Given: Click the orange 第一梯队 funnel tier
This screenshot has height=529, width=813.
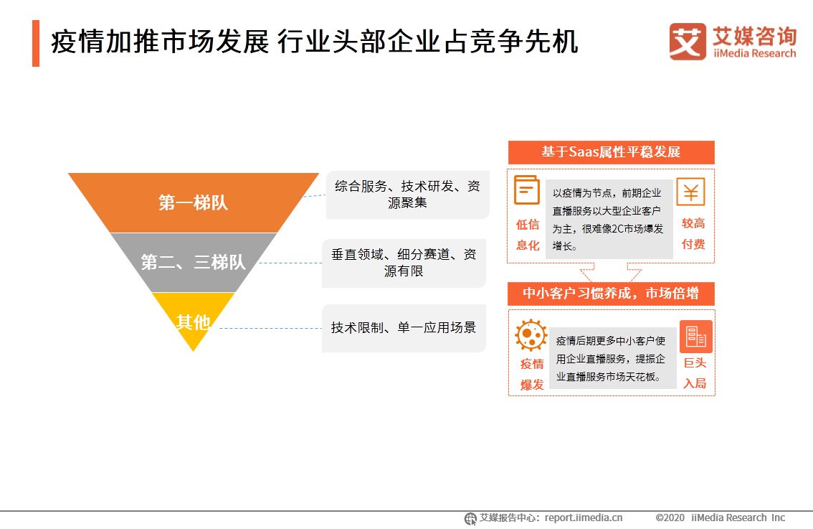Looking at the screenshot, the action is pos(194,202).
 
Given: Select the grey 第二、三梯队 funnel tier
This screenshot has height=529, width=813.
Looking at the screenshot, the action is pos(194,262).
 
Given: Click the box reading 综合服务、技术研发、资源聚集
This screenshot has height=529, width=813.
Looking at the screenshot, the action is pos(407,195).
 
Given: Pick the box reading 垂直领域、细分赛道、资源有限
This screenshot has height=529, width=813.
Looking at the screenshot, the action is pos(404,263).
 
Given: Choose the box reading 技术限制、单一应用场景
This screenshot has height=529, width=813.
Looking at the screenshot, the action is pos(404,328).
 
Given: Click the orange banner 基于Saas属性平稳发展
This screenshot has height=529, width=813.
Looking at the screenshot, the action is pos(612,152).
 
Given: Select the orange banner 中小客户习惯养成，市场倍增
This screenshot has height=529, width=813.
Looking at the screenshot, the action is pos(612,294).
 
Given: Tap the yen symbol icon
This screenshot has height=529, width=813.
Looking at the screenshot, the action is pos(690,192).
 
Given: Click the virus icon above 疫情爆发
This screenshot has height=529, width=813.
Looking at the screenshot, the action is pos(531,335).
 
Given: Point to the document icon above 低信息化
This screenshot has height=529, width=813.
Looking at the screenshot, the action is pos(527,190).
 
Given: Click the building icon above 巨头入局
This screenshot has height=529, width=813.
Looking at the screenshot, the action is pos(696,337).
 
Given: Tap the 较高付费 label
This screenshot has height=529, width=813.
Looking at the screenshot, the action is pos(693,234).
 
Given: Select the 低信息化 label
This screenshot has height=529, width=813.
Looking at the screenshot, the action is pos(528,235).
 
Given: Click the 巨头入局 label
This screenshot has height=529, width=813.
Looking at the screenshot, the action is pos(695,373).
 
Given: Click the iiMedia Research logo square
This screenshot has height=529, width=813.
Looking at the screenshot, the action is pos(688,42).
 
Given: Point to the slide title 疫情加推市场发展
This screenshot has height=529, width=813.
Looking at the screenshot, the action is pos(160,42).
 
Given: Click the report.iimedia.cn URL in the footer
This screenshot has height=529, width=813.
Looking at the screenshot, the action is pos(584,518).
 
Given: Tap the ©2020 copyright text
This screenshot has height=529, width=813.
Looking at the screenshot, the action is pos(670,518).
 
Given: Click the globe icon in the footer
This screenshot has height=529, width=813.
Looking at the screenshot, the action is pos(470,519).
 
